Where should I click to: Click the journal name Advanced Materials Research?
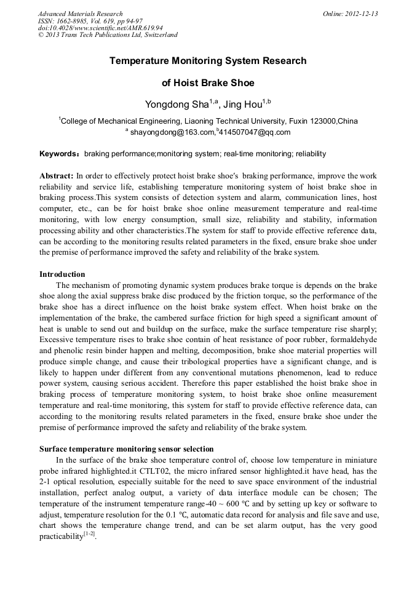80,14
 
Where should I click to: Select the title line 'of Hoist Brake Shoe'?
208,83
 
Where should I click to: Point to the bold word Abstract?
56,176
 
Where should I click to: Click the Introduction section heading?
62,274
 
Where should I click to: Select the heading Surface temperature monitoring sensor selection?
127,448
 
